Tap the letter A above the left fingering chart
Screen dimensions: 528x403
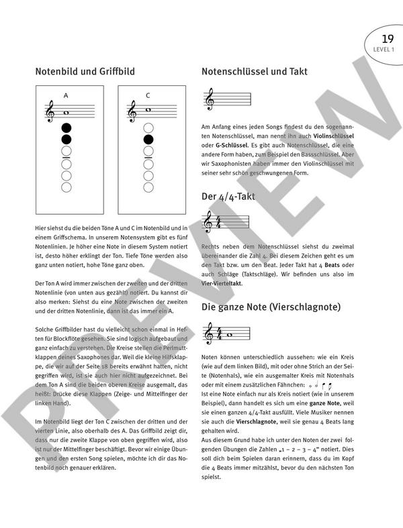66,95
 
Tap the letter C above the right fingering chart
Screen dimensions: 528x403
148,95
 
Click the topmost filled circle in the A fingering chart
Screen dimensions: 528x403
66,127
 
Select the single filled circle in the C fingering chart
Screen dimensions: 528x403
148,140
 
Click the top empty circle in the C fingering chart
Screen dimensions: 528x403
148,127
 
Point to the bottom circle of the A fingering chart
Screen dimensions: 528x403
66,189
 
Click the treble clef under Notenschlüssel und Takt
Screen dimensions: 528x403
210,101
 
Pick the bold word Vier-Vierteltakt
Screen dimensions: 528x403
225,284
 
